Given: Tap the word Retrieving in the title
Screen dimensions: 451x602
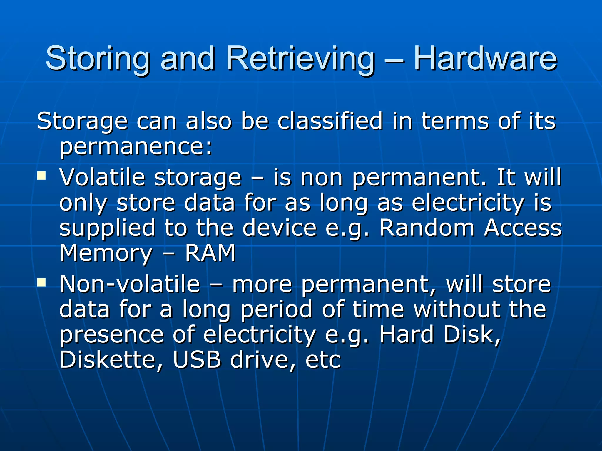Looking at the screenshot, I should click(300, 59).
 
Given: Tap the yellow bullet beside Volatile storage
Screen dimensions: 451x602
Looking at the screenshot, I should click(42, 176).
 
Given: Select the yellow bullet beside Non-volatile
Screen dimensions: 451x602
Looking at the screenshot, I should click(42, 282).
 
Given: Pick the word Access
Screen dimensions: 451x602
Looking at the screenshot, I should click(523, 228).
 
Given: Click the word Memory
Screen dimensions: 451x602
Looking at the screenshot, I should click(106, 253).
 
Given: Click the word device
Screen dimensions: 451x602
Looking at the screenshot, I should click(279, 228).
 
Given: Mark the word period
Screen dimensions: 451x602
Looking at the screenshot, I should click(276, 310).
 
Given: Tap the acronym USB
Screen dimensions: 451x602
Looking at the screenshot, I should click(197, 360).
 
